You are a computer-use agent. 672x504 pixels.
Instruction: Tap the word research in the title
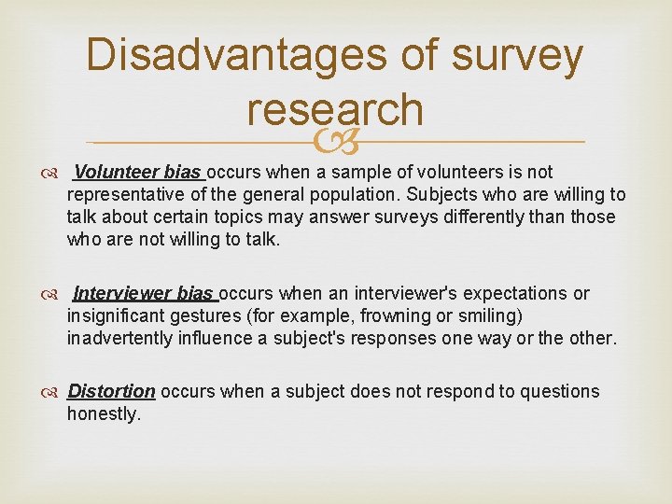coord(335,111)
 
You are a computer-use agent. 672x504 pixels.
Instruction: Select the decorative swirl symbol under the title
coord(335,142)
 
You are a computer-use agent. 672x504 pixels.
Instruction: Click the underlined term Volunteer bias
coord(137,173)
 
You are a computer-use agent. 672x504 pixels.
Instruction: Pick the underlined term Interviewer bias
coord(144,294)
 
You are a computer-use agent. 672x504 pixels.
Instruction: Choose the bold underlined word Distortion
coord(111,392)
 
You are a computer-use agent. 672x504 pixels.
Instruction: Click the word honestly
coord(104,414)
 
